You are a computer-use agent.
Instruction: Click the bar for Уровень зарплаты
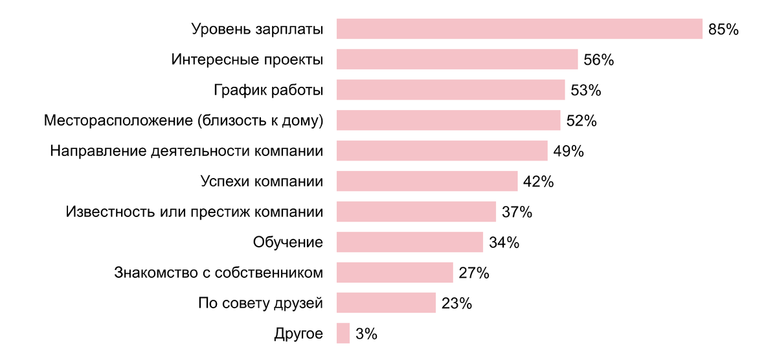pyautogui.click(x=519, y=29)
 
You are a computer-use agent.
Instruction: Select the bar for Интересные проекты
pyautogui.click(x=457, y=60)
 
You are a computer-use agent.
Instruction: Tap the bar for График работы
pyautogui.click(x=451, y=90)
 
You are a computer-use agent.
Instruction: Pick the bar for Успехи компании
pyautogui.click(x=427, y=181)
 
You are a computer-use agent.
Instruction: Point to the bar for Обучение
pyautogui.click(x=410, y=242)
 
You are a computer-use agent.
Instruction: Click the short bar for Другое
pyautogui.click(x=343, y=333)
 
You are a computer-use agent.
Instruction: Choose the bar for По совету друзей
pyautogui.click(x=386, y=303)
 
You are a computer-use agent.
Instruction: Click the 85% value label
pyautogui.click(x=723, y=30)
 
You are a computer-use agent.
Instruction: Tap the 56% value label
pyautogui.click(x=598, y=60)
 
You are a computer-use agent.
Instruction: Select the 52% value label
pyautogui.click(x=581, y=121)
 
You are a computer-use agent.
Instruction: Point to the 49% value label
pyautogui.click(x=569, y=152)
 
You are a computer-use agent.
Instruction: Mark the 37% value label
pyautogui.click(x=517, y=212)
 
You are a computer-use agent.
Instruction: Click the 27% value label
pyautogui.click(x=473, y=273)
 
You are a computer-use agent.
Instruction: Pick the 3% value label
pyautogui.click(x=366, y=334)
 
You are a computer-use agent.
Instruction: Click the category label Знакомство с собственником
pyautogui.click(x=218, y=273)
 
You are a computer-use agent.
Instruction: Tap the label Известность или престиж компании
pyautogui.click(x=194, y=212)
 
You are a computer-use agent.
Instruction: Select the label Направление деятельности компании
pyautogui.click(x=186, y=151)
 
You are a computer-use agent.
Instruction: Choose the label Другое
pyautogui.click(x=298, y=334)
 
